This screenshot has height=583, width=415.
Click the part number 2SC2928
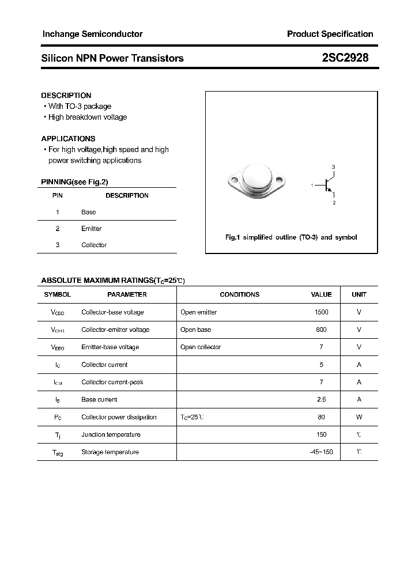click(x=345, y=58)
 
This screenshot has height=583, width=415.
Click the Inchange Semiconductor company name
click(x=92, y=34)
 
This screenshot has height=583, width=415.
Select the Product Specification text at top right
click(x=330, y=34)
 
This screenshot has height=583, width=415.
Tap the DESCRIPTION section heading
click(x=66, y=95)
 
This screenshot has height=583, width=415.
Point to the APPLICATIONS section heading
click(x=68, y=138)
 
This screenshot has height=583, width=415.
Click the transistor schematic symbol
click(x=327, y=185)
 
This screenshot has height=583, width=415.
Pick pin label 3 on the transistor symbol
click(x=333, y=167)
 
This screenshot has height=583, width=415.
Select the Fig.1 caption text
click(x=291, y=237)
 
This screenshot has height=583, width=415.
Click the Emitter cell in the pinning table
click(x=91, y=229)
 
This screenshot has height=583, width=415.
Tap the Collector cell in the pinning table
click(x=94, y=245)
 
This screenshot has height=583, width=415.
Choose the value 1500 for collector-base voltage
click(x=321, y=312)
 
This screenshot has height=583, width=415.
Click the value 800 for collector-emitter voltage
click(x=321, y=330)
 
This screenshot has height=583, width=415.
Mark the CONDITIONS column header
click(x=240, y=294)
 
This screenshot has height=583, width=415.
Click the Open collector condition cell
click(x=201, y=347)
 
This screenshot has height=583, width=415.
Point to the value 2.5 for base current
click(x=321, y=399)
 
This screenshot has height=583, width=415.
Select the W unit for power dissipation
click(x=359, y=417)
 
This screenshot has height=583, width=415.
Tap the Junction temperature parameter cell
click(x=111, y=434)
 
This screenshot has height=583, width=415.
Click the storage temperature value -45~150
click(x=321, y=452)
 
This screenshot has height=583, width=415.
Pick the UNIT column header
click(x=359, y=294)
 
